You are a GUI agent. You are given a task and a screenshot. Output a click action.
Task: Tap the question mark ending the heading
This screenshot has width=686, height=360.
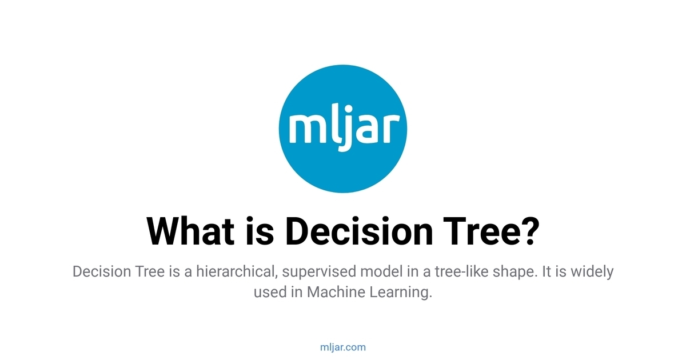click(x=528, y=231)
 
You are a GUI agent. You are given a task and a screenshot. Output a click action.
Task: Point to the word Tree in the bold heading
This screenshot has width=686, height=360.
click(x=472, y=231)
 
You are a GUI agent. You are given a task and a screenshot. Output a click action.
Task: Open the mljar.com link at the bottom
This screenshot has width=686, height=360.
click(x=343, y=347)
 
